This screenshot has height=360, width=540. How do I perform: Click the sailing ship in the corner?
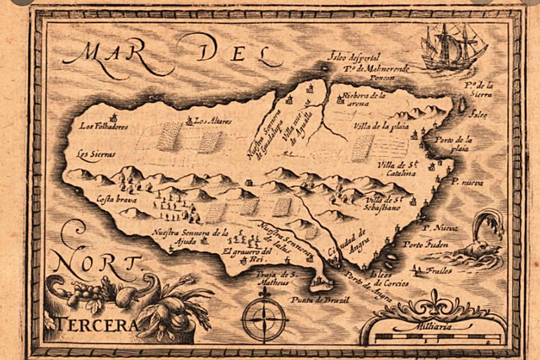tap(453, 47)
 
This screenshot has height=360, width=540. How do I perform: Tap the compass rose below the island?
tap(263, 320)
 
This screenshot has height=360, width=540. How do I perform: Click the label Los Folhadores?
tap(104, 126)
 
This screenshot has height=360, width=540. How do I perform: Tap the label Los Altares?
tap(210, 121)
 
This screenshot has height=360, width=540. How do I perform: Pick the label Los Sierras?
tap(94, 153)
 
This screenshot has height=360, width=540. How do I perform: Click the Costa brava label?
tap(116, 200)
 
